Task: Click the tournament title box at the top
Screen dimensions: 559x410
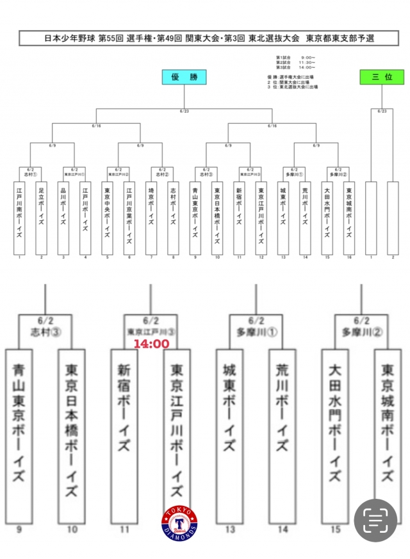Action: (x=204, y=38)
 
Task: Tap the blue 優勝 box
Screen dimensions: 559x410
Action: (x=184, y=77)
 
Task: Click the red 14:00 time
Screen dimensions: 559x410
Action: (x=151, y=344)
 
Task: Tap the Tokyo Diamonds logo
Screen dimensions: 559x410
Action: (x=180, y=524)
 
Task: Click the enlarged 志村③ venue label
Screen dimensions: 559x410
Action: (x=45, y=332)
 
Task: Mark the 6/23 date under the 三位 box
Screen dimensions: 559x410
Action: (x=382, y=111)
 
